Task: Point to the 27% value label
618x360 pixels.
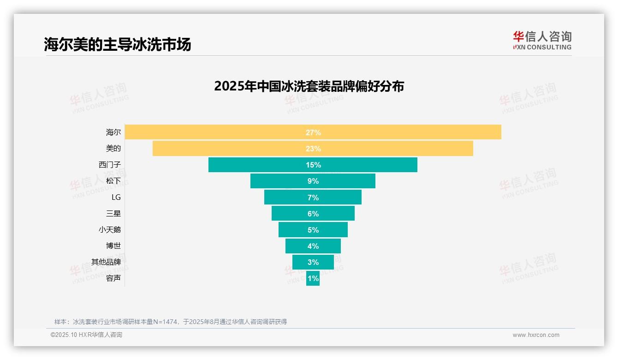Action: [313, 132]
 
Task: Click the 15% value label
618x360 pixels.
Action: [313, 165]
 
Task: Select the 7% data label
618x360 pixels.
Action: [313, 198]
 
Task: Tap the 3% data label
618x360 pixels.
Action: [313, 262]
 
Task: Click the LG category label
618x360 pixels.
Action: [116, 197]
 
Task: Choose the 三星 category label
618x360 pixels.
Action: [113, 213]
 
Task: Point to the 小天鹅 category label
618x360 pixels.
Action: [110, 229]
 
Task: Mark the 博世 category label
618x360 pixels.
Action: [113, 246]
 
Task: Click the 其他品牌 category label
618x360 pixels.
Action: [106, 262]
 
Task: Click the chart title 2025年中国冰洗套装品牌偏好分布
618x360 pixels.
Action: [309, 86]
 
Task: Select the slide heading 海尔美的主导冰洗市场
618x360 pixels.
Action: [117, 44]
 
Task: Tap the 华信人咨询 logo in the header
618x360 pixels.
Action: [542, 40]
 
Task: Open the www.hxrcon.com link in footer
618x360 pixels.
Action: [536, 335]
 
